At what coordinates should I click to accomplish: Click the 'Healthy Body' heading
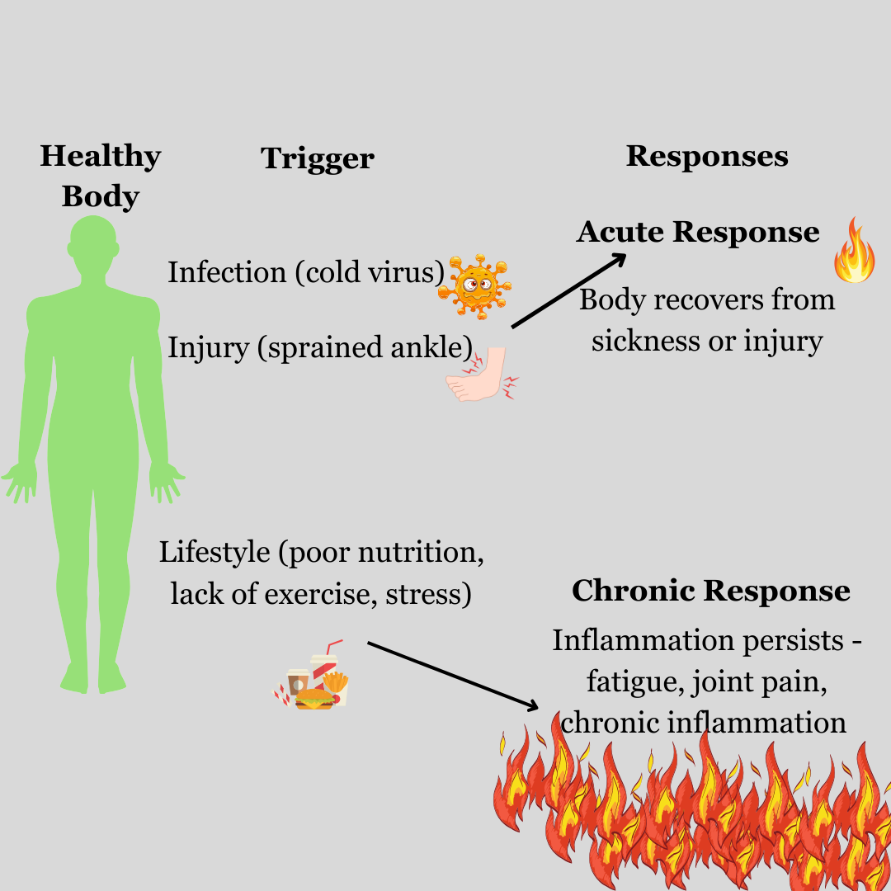[x=100, y=176]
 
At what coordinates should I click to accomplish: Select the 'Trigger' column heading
[x=318, y=158]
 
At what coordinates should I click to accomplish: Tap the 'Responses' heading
[x=707, y=156]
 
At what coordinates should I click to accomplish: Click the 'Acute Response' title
[x=698, y=232]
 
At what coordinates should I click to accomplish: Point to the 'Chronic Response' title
[x=710, y=591]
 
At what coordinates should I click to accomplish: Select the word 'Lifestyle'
[x=214, y=552]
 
